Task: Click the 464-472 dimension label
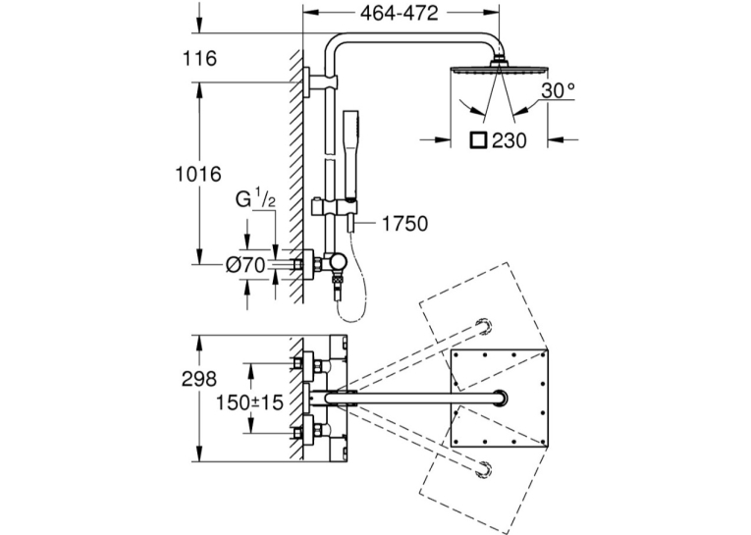(399, 14)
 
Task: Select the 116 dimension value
(199, 59)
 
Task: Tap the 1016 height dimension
(197, 174)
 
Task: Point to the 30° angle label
(558, 89)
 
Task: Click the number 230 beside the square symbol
(510, 140)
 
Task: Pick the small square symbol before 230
(478, 140)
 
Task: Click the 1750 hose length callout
(404, 224)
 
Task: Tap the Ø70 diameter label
(246, 265)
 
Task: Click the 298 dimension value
(199, 379)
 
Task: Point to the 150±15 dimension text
(249, 402)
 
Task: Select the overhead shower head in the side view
(498, 68)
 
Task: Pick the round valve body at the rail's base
(340, 262)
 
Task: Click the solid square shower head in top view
(499, 398)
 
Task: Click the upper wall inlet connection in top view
(306, 364)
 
